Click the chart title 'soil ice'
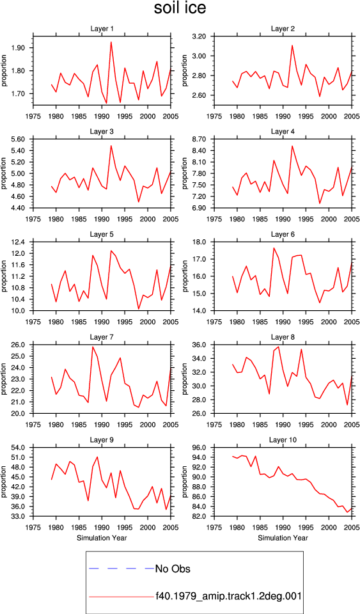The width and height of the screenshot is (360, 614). tap(180, 8)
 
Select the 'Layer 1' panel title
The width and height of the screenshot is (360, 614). tap(102, 29)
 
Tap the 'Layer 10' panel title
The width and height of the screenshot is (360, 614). tap(283, 440)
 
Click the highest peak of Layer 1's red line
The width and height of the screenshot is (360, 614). tap(111, 42)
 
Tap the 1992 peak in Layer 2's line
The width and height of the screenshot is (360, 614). tap(292, 45)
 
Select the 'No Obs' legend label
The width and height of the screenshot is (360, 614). tap(173, 569)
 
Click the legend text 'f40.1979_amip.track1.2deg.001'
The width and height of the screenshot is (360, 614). tap(228, 596)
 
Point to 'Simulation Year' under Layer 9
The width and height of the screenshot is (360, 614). tap(102, 538)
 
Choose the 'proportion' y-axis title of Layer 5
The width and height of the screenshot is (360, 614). tap(4, 276)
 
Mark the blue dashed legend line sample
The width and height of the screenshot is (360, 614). tap(121, 568)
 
